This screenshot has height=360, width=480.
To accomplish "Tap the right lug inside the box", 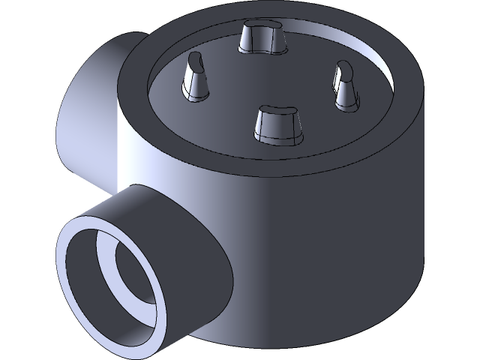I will pos(346,87).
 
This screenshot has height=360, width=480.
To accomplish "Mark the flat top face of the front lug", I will pos(277,112).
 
